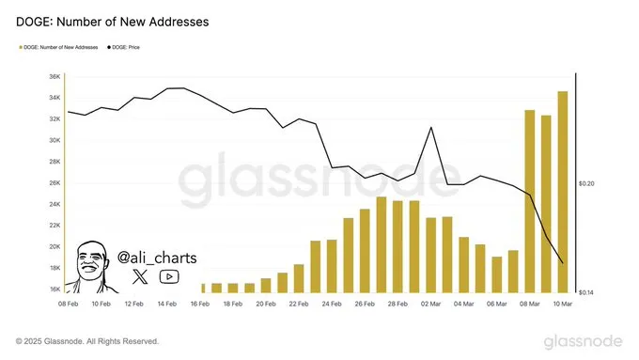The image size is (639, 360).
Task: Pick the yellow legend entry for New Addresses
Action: tap(58, 45)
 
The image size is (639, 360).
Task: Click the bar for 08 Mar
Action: tap(530, 201)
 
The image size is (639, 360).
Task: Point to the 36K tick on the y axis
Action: tap(54, 77)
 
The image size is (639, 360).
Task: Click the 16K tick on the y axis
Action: tap(54, 290)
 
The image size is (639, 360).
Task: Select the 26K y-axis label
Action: tap(54, 183)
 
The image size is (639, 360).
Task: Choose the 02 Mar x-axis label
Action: tap(430, 305)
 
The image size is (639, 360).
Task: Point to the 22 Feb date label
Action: tap(298, 305)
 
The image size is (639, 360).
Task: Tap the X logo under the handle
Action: tap(140, 276)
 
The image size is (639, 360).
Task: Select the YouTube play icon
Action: tap(169, 276)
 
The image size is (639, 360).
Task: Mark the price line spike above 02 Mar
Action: tap(430, 128)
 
